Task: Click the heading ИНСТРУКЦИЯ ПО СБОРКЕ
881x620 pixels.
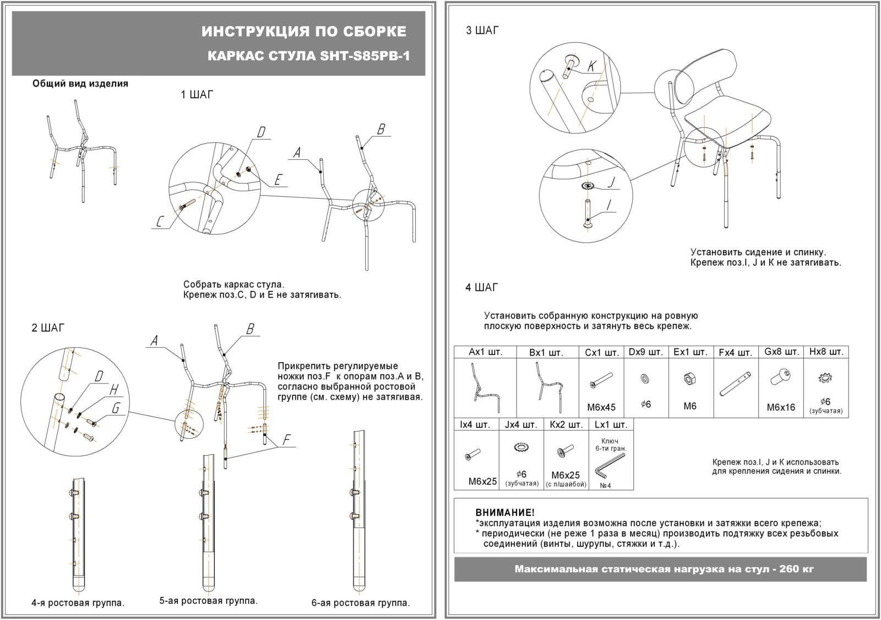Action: point(304,31)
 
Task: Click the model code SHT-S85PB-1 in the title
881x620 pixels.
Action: point(365,56)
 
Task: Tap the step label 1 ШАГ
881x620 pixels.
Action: point(197,95)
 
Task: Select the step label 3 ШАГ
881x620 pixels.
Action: point(482,31)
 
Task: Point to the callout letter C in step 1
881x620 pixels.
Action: point(160,222)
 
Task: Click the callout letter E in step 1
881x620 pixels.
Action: point(278,180)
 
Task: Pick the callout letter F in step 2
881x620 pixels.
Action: point(286,440)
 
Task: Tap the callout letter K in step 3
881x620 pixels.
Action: point(591,67)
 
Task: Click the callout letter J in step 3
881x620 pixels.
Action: point(611,182)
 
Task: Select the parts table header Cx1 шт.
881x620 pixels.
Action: point(601,352)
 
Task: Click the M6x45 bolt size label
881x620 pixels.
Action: point(601,407)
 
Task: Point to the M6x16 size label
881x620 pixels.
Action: point(781,407)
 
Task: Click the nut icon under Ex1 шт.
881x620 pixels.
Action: point(689,379)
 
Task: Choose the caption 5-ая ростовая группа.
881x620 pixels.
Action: point(208,601)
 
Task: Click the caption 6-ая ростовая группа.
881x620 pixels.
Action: point(361,603)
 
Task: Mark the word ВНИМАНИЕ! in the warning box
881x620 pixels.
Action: point(504,513)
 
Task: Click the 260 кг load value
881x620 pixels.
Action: point(796,569)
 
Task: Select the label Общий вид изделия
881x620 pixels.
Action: point(80,84)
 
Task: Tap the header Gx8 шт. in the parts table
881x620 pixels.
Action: point(781,352)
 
